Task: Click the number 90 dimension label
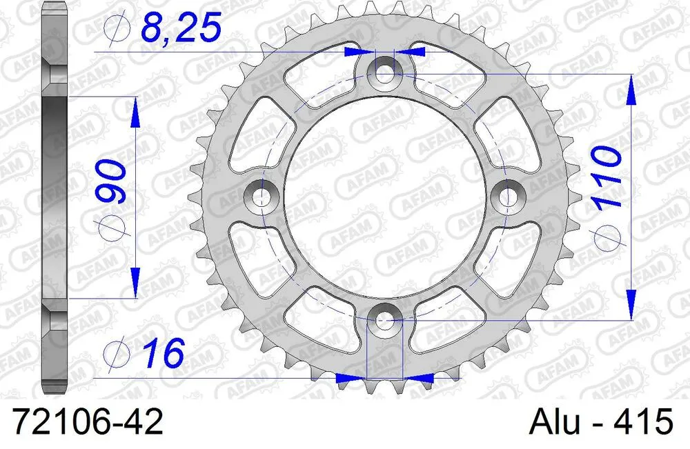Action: click(x=112, y=182)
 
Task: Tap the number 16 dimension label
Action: click(x=164, y=354)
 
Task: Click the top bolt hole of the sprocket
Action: click(x=384, y=70)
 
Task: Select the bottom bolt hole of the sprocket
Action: click(x=384, y=320)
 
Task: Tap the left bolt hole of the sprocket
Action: click(x=260, y=196)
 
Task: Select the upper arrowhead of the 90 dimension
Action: click(x=135, y=110)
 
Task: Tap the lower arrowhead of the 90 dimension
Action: click(x=135, y=283)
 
